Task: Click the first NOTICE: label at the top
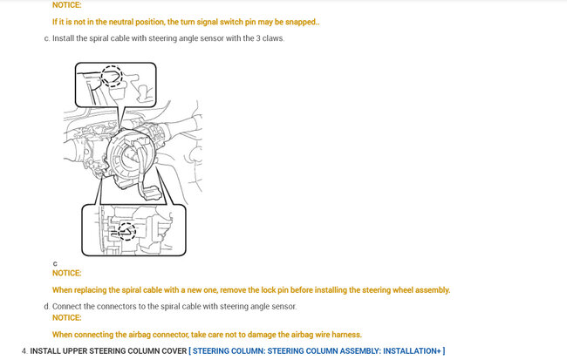coord(67,5)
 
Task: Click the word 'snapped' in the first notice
coord(300,22)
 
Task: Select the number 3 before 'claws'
coord(258,38)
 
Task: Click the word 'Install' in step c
coord(64,38)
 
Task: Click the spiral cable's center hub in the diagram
coord(131,157)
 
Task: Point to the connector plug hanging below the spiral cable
coord(150,192)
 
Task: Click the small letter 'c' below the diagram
coord(55,263)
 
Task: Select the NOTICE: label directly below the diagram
coord(67,273)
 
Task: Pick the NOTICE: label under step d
coord(67,317)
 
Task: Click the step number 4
coord(24,351)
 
